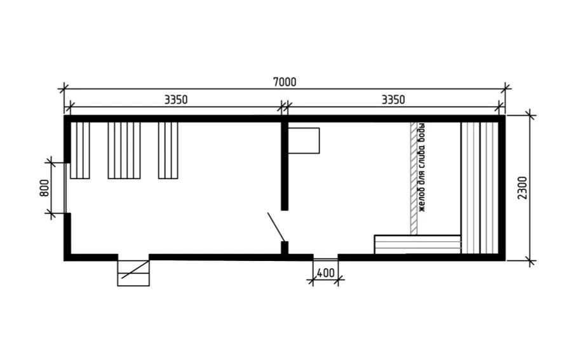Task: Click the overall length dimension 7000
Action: click(285, 83)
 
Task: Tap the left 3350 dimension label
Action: click(176, 100)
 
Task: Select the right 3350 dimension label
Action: click(393, 100)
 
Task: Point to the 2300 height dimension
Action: click(523, 188)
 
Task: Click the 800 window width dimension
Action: click(44, 188)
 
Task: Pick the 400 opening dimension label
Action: click(326, 273)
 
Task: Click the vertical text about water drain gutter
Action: click(421, 168)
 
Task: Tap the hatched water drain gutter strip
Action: click(414, 178)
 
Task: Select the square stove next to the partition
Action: click(304, 141)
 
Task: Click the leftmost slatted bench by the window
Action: click(80, 150)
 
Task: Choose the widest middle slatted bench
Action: click(124, 150)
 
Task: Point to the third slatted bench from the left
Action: click(168, 150)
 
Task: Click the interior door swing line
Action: click(276, 227)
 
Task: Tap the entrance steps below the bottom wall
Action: click(133, 273)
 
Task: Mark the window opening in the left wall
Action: click(65, 188)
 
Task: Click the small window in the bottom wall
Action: click(326, 257)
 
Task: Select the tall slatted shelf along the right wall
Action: click(480, 188)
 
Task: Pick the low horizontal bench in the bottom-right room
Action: click(417, 244)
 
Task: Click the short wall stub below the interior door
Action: click(285, 249)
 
